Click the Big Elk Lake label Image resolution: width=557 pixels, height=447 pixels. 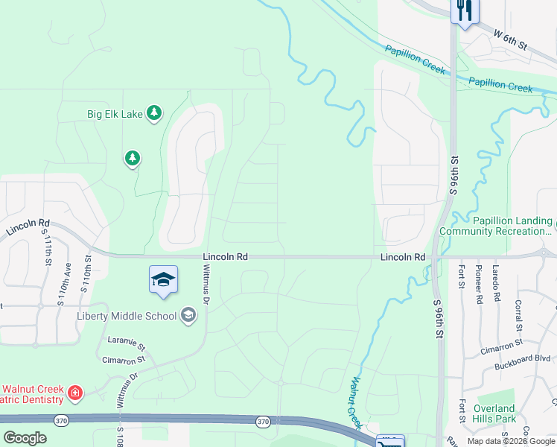tap(115, 114)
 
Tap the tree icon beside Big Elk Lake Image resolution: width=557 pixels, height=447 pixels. tap(154, 113)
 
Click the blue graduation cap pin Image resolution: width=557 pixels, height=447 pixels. tap(163, 279)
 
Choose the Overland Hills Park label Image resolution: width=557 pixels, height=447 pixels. tap(493, 413)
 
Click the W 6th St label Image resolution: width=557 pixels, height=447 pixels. tap(510, 39)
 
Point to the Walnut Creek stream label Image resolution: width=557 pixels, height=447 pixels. tap(355, 398)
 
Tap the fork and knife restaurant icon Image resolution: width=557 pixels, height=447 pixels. tap(464, 11)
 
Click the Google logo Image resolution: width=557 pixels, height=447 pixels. tap(25, 437)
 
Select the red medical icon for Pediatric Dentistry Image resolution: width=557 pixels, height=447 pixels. tap(74, 393)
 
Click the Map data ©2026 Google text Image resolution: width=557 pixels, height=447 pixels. tap(511, 441)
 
